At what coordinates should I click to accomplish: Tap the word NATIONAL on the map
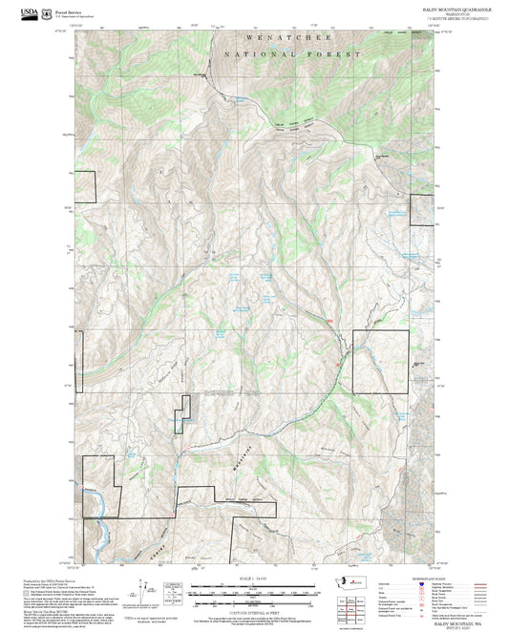pyautogui.click(x=250, y=54)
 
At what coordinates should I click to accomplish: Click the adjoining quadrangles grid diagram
pyautogui.click(x=351, y=607)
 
